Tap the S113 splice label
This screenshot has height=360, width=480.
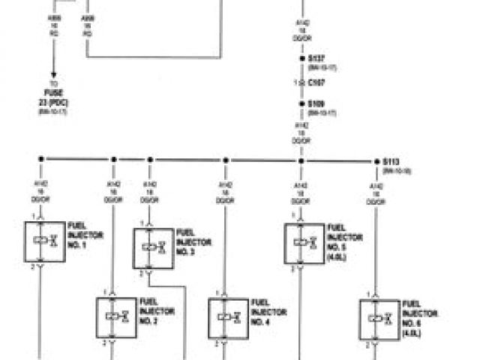pyautogui.click(x=391, y=161)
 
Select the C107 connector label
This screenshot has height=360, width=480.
pyautogui.click(x=315, y=81)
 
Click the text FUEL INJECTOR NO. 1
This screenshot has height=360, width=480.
pyautogui.click(x=85, y=235)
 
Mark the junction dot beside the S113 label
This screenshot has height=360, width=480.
pyautogui.click(x=376, y=160)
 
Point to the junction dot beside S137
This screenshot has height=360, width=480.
pyautogui.click(x=301, y=57)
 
